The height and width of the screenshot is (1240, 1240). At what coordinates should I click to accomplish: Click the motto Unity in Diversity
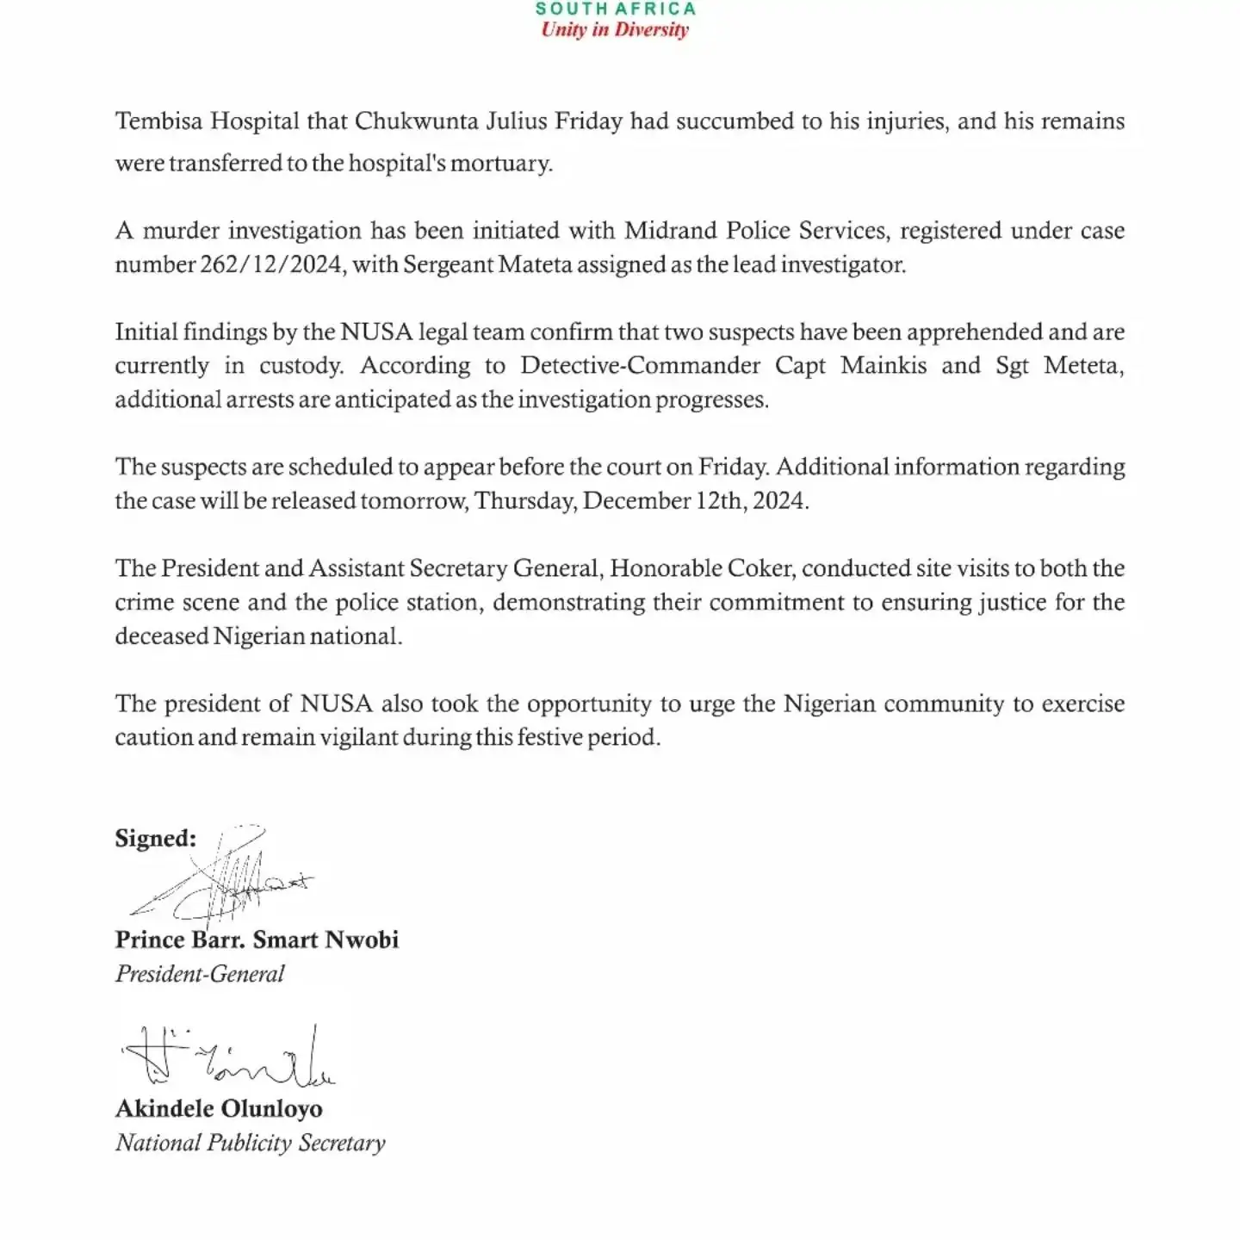click(x=615, y=30)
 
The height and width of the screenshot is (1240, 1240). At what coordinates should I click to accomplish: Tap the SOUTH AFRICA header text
click(x=615, y=9)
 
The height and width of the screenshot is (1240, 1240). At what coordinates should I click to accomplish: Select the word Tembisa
click(x=159, y=121)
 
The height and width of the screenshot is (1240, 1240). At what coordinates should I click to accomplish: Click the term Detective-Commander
click(x=640, y=366)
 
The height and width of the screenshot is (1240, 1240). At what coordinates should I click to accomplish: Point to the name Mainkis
click(x=884, y=366)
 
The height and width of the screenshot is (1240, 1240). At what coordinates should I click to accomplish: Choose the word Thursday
click(x=524, y=501)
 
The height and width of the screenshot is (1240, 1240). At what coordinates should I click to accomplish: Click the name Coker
click(x=756, y=569)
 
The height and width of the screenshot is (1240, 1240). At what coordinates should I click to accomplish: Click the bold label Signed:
click(x=155, y=839)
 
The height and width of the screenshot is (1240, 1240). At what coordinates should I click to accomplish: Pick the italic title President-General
click(x=200, y=974)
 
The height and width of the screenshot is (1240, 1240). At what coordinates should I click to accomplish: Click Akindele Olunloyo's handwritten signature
click(x=228, y=1058)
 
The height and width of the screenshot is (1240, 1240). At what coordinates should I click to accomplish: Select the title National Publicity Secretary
click(x=250, y=1143)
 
